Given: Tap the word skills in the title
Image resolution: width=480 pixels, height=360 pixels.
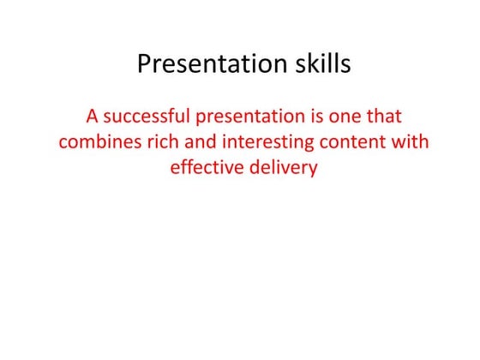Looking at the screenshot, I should click(321, 65).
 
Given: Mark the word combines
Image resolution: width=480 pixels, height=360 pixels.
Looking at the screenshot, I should click(97, 141).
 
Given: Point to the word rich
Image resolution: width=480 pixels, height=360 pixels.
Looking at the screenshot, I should click(159, 141).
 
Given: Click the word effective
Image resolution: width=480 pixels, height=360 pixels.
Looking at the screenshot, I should click(205, 167).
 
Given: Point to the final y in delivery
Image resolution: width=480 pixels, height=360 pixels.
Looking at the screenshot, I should click(312, 169).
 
